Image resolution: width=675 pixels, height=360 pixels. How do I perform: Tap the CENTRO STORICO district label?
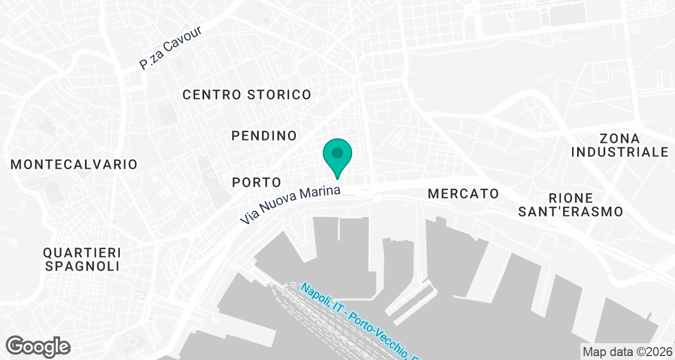[x=247, y=94]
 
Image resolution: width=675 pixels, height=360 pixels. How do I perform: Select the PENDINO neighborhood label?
[x=264, y=136]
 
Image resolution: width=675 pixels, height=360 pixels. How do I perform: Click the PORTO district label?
[x=256, y=182]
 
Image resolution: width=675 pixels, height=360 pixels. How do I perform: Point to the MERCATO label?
[x=463, y=193]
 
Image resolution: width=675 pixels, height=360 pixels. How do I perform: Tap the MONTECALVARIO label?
[x=74, y=164]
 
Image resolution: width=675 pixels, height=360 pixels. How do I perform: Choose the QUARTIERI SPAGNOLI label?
[x=83, y=259]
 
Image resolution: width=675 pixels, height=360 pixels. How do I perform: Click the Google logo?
[x=39, y=346]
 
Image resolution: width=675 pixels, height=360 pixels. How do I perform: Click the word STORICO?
[x=279, y=94]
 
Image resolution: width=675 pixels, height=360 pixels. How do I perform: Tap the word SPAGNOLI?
[x=83, y=266]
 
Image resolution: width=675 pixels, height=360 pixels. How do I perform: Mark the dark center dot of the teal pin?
[x=337, y=152]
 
